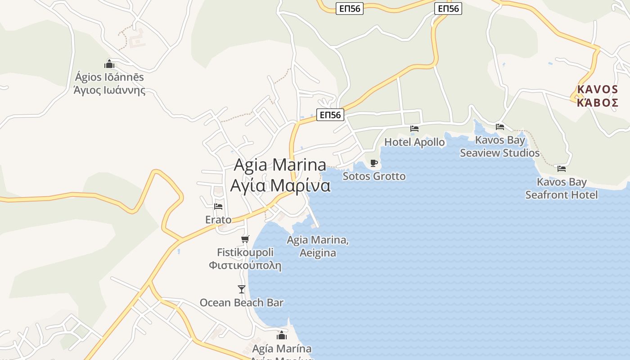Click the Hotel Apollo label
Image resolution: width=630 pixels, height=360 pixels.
414,142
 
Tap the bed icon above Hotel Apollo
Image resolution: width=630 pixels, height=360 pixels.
414,129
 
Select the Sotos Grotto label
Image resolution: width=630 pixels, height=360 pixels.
374,176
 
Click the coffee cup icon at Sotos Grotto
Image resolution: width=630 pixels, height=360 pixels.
373,163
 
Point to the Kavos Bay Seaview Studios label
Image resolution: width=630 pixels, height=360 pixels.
499,146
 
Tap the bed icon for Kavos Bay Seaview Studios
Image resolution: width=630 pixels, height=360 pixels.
499,127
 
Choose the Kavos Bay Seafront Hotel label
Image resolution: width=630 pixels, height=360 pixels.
562,188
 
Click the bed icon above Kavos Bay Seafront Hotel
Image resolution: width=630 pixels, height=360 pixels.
561,169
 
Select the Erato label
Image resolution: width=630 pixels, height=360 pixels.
218,220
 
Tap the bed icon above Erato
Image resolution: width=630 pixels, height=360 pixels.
218,207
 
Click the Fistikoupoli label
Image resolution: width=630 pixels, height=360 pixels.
245,259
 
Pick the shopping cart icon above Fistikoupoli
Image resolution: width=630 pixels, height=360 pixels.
245,239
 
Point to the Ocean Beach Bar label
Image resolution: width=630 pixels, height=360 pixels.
242,302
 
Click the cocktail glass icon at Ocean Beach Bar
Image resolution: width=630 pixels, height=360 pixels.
242,289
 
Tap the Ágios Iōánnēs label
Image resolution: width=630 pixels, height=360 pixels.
109,83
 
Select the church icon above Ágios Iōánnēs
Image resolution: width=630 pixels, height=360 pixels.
109,64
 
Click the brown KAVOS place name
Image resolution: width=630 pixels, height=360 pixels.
598,96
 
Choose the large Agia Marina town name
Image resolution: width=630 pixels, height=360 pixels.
280,175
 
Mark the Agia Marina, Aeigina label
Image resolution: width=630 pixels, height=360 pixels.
318,246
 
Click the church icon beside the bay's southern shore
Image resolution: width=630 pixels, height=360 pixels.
282,335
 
